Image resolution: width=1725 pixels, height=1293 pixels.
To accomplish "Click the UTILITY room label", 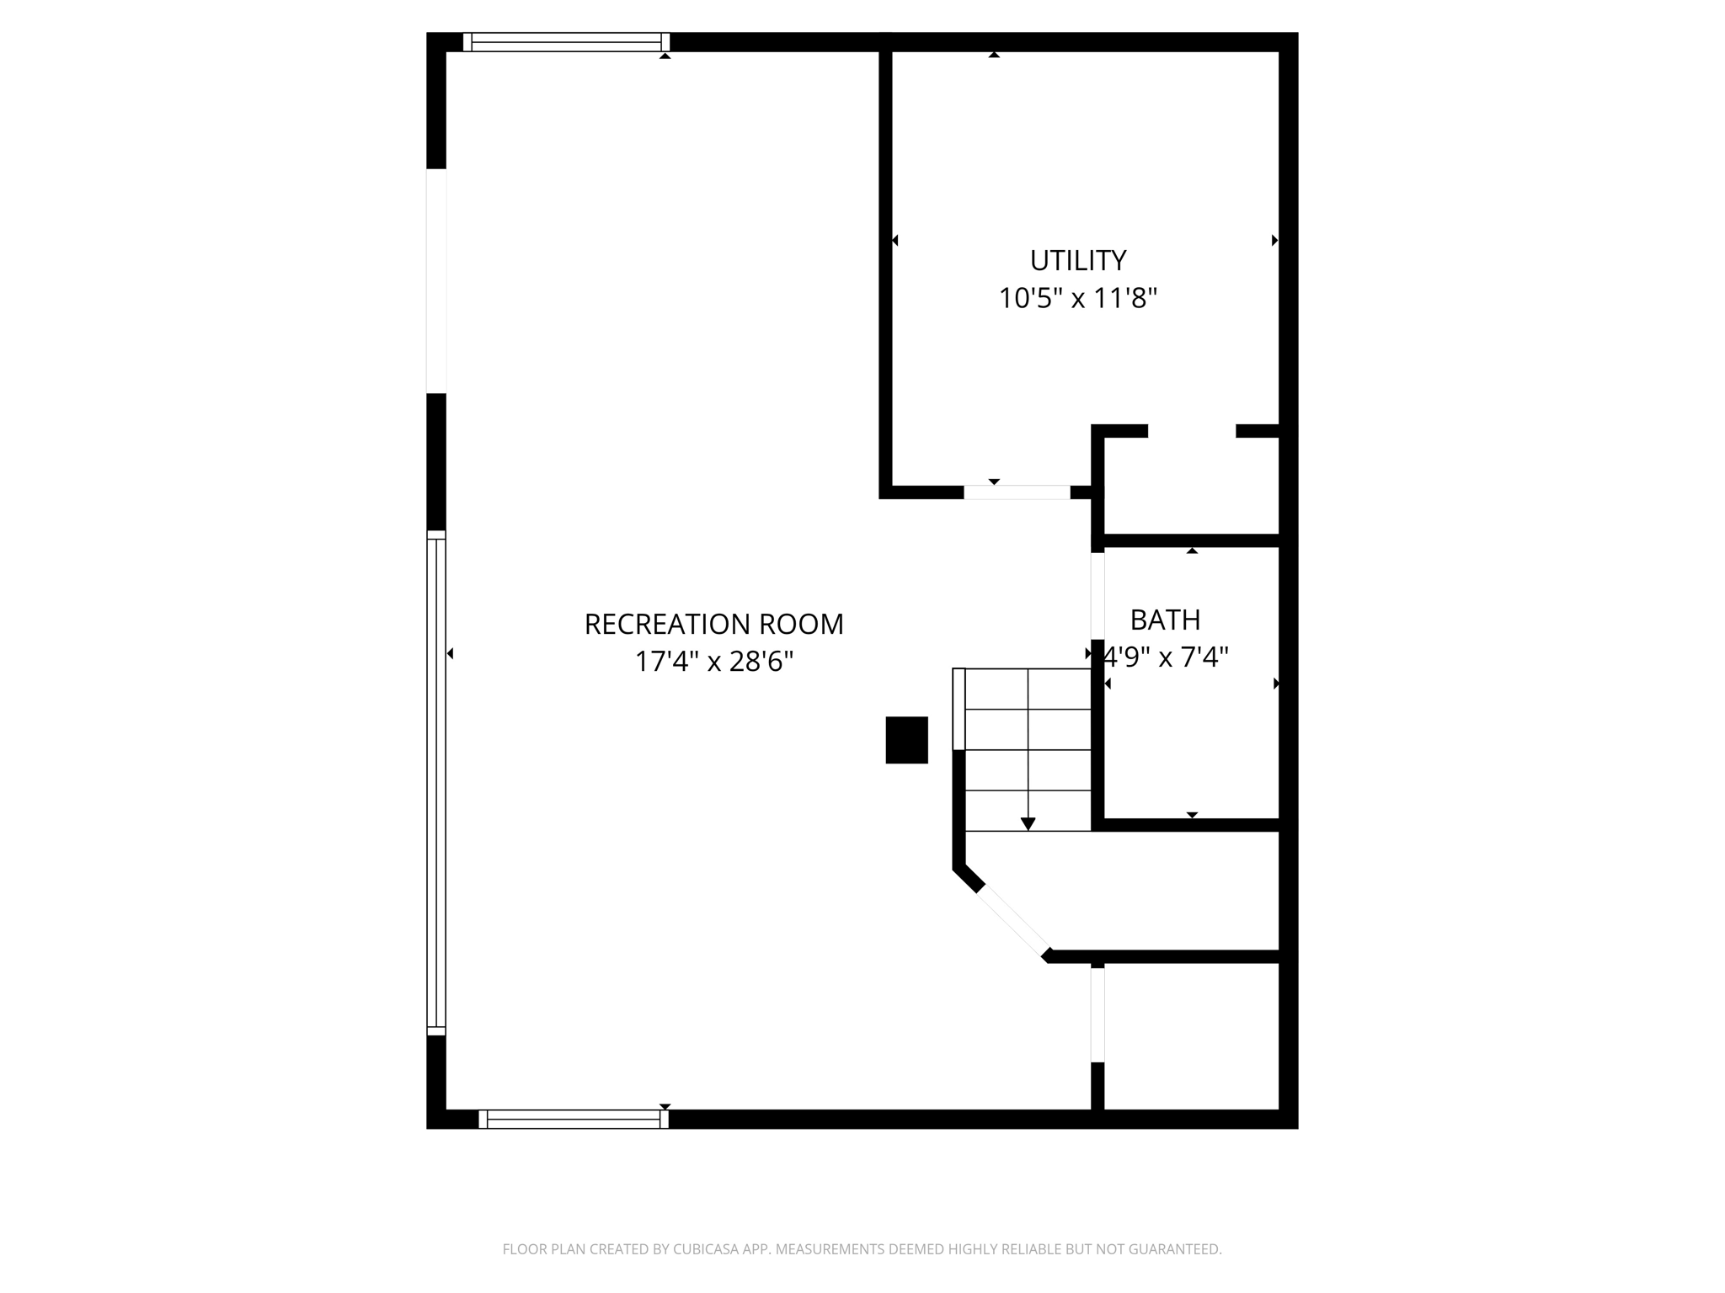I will pos(1078,261).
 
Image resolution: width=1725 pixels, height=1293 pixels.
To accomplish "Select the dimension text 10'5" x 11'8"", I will pos(1078,299).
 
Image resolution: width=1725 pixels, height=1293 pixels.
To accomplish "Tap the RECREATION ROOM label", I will pos(713,625).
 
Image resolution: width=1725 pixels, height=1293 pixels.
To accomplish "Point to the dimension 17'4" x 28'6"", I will pos(713,662).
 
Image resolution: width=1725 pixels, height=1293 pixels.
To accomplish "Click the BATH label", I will pos(1165,620).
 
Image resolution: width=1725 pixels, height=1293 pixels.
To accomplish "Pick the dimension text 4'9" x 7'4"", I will pos(1167,657).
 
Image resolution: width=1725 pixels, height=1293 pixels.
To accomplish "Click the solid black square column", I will pos(906,740).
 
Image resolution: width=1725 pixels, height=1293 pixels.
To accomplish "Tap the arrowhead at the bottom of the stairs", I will pos(1028,823).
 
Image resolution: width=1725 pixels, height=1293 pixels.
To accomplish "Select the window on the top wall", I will pos(566,42).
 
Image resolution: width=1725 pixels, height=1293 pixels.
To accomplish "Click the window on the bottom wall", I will pos(573,1119).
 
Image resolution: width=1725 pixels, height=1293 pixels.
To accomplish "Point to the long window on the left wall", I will pos(435,783).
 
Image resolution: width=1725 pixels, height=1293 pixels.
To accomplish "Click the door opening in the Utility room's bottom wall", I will pos(1017,492).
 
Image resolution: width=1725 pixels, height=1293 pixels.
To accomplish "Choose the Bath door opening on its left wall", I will pos(1097,596).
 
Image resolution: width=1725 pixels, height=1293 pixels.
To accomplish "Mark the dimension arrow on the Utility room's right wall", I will pos(1274,241).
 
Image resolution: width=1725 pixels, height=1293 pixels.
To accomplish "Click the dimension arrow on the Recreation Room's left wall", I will pos(450,653).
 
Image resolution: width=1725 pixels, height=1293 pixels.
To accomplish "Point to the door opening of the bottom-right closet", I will pos(1097,1014).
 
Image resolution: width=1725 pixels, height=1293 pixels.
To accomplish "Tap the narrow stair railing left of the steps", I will pos(959,709).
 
